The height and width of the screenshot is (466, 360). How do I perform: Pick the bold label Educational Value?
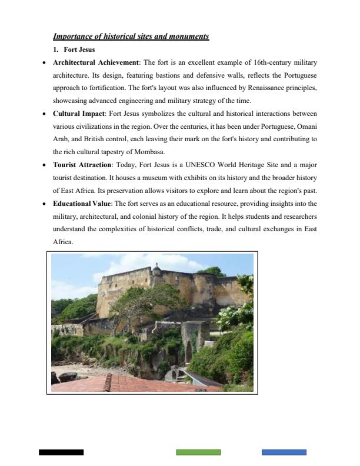(82, 203)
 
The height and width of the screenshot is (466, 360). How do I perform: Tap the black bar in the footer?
(61, 452)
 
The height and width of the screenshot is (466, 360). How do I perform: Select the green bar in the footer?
(198, 452)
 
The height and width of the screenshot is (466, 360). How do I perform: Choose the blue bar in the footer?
(284, 452)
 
